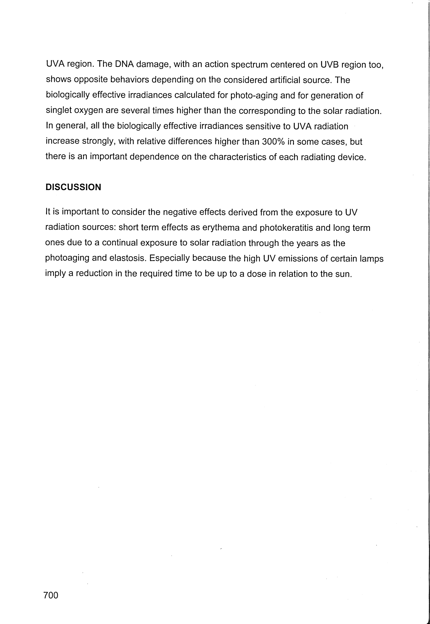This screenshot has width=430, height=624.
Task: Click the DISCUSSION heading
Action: pos(73,187)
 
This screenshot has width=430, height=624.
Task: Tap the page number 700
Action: pos(51,595)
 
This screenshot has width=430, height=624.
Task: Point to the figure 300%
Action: pos(273,142)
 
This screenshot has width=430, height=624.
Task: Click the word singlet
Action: pos(59,111)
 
